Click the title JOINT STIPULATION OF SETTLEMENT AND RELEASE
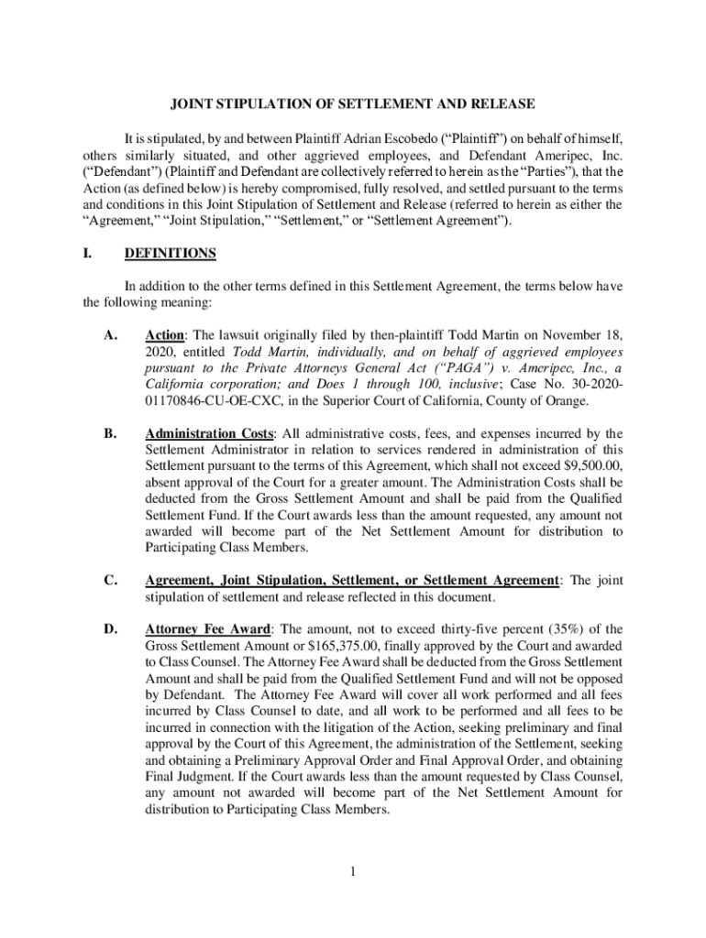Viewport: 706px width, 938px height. (x=352, y=105)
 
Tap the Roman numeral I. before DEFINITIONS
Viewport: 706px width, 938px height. (x=89, y=253)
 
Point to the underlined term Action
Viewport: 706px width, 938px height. (x=166, y=335)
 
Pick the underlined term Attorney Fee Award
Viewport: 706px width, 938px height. (x=208, y=629)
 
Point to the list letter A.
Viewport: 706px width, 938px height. (x=111, y=335)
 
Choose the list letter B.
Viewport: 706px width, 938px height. (x=110, y=433)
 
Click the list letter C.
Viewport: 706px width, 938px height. (x=110, y=581)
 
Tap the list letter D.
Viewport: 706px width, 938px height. (x=111, y=629)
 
